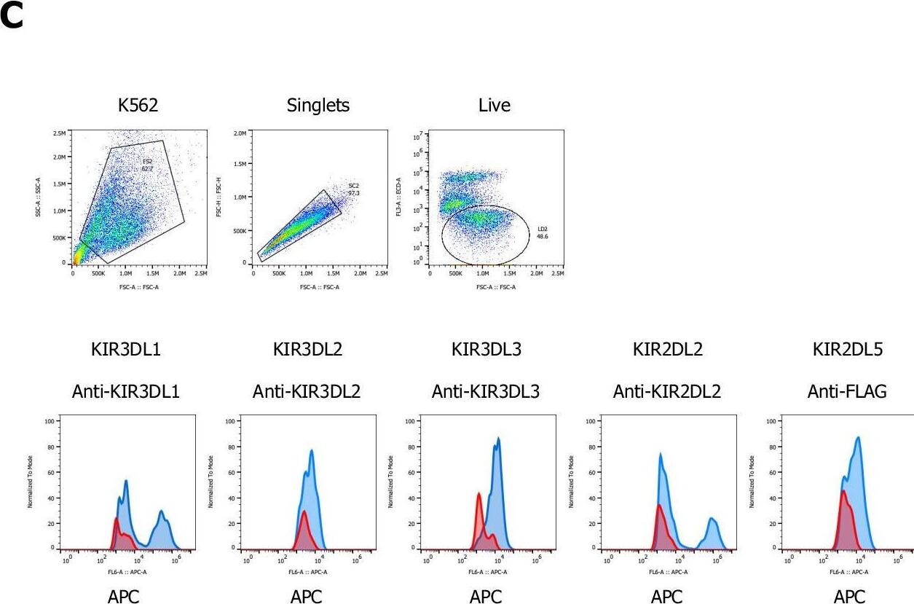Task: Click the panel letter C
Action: pos(12,17)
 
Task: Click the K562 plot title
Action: pos(138,106)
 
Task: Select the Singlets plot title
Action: pos(318,106)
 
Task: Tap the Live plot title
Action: pos(495,106)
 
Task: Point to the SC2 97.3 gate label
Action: pos(354,189)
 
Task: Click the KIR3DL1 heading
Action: pos(126,350)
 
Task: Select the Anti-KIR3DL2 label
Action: pos(307,392)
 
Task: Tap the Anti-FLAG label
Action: pos(847,392)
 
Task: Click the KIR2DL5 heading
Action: pos(848,350)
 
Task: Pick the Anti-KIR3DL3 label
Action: pos(486,392)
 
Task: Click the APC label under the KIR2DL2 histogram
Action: pos(666,597)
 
